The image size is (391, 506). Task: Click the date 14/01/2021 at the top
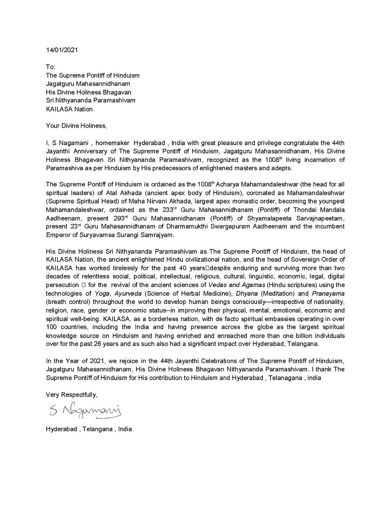point(62,50)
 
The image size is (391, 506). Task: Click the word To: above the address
point(50,67)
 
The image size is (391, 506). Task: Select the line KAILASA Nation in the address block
point(69,109)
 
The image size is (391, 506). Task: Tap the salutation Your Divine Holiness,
point(76,126)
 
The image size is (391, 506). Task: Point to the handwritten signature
point(84,411)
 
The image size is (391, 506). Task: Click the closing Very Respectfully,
point(71,395)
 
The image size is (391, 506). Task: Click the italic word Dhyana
point(247,294)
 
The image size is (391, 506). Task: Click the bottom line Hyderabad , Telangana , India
point(89,429)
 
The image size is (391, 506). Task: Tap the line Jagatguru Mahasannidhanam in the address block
point(88,84)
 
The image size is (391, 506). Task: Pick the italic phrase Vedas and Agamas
point(237,285)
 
